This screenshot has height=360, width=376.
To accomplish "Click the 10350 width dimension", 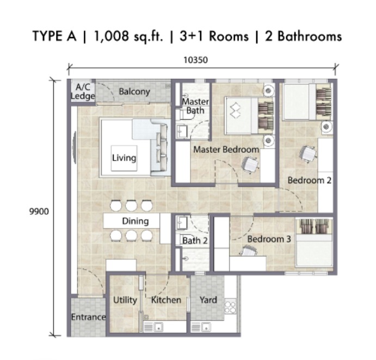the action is coord(195,60).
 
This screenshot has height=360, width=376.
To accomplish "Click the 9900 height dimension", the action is coord(39,212).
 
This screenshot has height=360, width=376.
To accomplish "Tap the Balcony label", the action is coord(134,91).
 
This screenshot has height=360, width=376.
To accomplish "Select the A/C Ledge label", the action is coord(83,92).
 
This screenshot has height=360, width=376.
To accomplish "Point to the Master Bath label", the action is coord(195,106).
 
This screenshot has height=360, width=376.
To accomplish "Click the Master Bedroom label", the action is coord(226,150).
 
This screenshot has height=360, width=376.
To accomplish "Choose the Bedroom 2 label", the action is coord(309,180).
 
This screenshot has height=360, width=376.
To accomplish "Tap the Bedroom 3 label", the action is coord(269,239).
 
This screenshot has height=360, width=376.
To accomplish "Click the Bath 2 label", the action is coord(195,241).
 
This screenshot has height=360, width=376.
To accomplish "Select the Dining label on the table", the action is coord(135,221).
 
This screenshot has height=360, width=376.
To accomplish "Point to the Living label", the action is coord(124,158).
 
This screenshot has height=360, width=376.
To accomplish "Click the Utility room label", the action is coord(125,300).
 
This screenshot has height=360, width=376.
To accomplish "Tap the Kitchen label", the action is coord(166,300).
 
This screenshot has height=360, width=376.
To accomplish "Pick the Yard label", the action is coord(208,300).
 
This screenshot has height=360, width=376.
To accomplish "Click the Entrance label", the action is coord(88,317).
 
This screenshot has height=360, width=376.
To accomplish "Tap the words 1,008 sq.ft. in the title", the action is coord(128,36).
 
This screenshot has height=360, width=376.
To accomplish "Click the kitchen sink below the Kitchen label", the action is coord(158,326).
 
